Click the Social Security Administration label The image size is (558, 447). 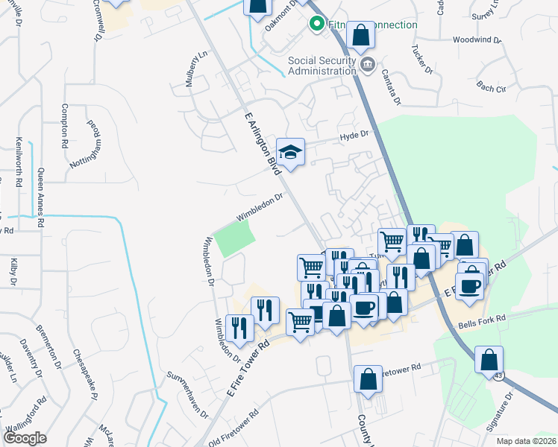(323, 66)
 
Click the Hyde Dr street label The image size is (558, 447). (354, 135)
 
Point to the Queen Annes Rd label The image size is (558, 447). (40, 198)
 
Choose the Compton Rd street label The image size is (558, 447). (66, 125)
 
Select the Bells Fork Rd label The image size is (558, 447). (482, 318)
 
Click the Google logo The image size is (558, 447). (25, 438)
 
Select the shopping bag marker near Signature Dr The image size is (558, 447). (489, 360)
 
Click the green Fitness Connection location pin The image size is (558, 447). (316, 25)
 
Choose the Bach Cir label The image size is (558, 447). (490, 88)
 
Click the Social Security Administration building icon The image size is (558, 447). (367, 66)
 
